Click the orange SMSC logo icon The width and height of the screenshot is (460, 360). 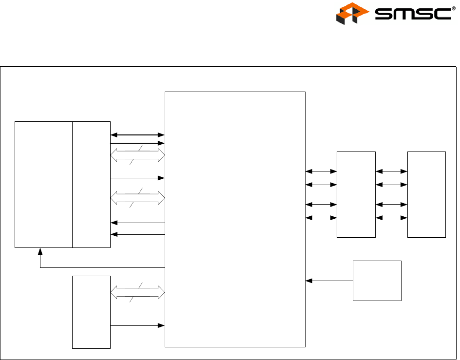(351, 14)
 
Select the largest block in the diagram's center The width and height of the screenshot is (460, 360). (235, 219)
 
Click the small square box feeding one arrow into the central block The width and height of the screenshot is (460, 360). (377, 281)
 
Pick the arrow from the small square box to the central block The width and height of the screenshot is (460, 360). (329, 281)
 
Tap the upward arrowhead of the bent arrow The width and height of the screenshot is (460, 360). (40, 251)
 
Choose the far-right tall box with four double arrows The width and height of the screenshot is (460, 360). (426, 195)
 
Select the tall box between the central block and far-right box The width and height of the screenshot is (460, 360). (356, 195)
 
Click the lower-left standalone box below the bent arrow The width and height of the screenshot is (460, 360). (91, 312)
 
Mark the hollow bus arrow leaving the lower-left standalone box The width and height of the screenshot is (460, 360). (138, 293)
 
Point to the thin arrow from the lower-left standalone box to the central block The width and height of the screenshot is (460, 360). (138, 325)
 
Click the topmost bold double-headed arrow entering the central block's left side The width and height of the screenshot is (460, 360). (138, 134)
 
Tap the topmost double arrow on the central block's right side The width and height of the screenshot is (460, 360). (321, 171)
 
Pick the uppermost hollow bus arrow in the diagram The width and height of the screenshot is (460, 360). (138, 155)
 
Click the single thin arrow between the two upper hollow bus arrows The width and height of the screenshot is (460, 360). (138, 178)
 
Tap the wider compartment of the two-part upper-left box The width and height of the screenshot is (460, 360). (43, 184)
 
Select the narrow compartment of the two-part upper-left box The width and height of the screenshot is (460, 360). (91, 184)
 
